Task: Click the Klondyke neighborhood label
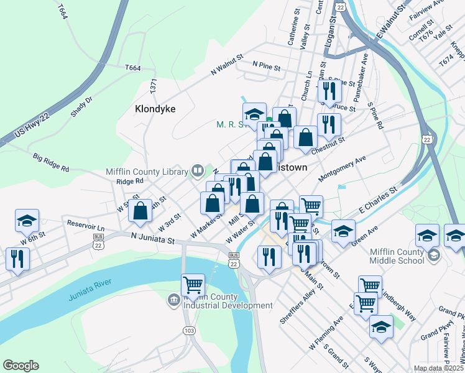pyautogui.click(x=155, y=109)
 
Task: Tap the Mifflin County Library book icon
pyautogui.click(x=197, y=170)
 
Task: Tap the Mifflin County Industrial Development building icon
pyautogui.click(x=173, y=301)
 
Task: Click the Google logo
pyautogui.click(x=21, y=366)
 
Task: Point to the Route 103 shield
pyautogui.click(x=189, y=331)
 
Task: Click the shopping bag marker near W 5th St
pyautogui.click(x=140, y=210)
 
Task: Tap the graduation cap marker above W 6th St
pyautogui.click(x=27, y=221)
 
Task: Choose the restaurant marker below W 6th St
pyautogui.click(x=17, y=258)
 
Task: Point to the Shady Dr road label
pyautogui.click(x=81, y=107)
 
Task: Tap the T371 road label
pyautogui.click(x=154, y=85)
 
